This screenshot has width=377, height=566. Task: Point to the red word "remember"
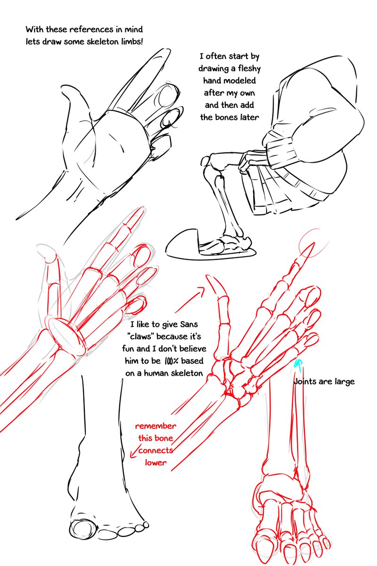156,426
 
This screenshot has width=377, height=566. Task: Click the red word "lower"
156,463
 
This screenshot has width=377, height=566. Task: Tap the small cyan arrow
298,364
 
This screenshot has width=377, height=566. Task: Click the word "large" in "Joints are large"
343,382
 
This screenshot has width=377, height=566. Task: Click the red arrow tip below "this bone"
133,454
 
